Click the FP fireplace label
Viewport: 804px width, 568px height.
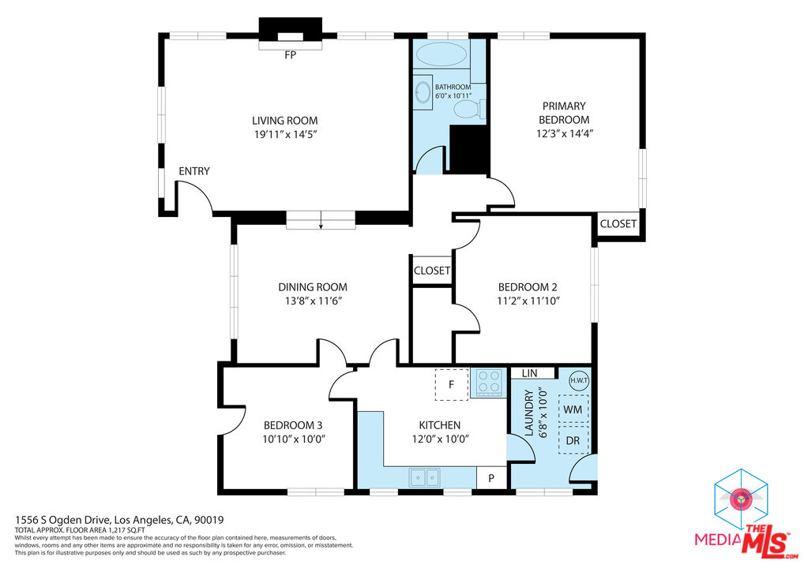point(290,54)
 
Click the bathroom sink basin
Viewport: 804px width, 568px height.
point(423,93)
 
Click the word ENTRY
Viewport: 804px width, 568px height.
point(194,171)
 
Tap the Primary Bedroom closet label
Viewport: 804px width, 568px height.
point(618,224)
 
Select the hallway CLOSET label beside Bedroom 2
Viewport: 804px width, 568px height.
point(432,271)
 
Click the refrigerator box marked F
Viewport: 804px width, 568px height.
point(451,384)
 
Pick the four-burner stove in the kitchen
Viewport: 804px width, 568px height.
point(489,382)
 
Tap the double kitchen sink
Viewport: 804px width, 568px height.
point(424,477)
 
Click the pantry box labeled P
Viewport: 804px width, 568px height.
point(491,478)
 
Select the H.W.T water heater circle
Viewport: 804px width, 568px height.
point(580,381)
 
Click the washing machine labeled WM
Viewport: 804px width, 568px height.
point(573,409)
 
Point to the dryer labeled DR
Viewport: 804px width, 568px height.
point(573,440)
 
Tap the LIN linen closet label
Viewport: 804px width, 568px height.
point(530,373)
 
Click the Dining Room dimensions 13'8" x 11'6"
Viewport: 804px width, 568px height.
point(314,301)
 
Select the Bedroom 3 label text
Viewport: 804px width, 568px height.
point(293,425)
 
